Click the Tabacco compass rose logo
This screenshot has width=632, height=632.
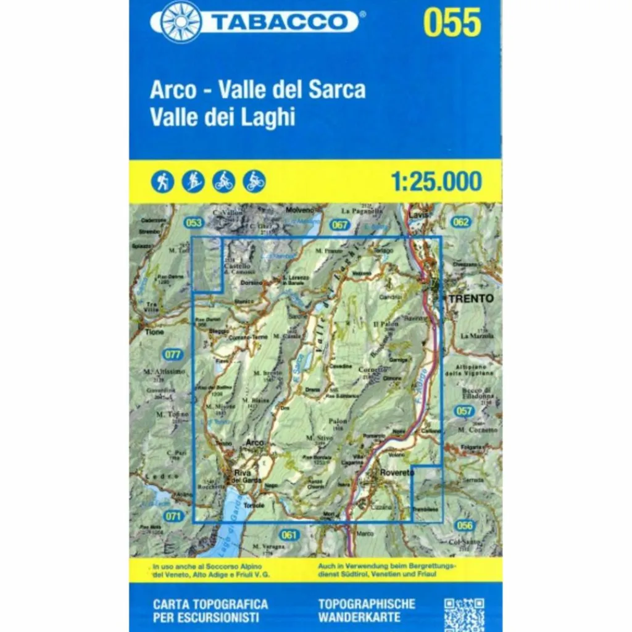[180, 22]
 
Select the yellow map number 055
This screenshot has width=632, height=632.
[452, 22]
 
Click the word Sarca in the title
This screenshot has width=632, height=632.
[338, 90]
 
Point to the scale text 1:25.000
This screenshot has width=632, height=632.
[436, 181]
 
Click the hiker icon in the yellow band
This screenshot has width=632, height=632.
[163, 181]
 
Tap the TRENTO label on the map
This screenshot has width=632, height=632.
[472, 298]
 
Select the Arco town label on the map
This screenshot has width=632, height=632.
[254, 443]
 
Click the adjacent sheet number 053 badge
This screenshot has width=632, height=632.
[193, 222]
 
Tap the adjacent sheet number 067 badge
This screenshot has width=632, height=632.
[339, 225]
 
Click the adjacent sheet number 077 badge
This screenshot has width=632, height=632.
[173, 354]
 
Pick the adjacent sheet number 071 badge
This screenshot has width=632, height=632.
[174, 515]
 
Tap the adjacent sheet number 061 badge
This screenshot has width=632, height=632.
[288, 534]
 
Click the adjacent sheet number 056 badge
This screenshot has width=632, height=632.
[465, 525]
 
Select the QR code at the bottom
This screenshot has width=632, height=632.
[464, 613]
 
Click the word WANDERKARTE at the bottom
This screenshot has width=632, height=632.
[359, 617]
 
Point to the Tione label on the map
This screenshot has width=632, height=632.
[154, 332]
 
